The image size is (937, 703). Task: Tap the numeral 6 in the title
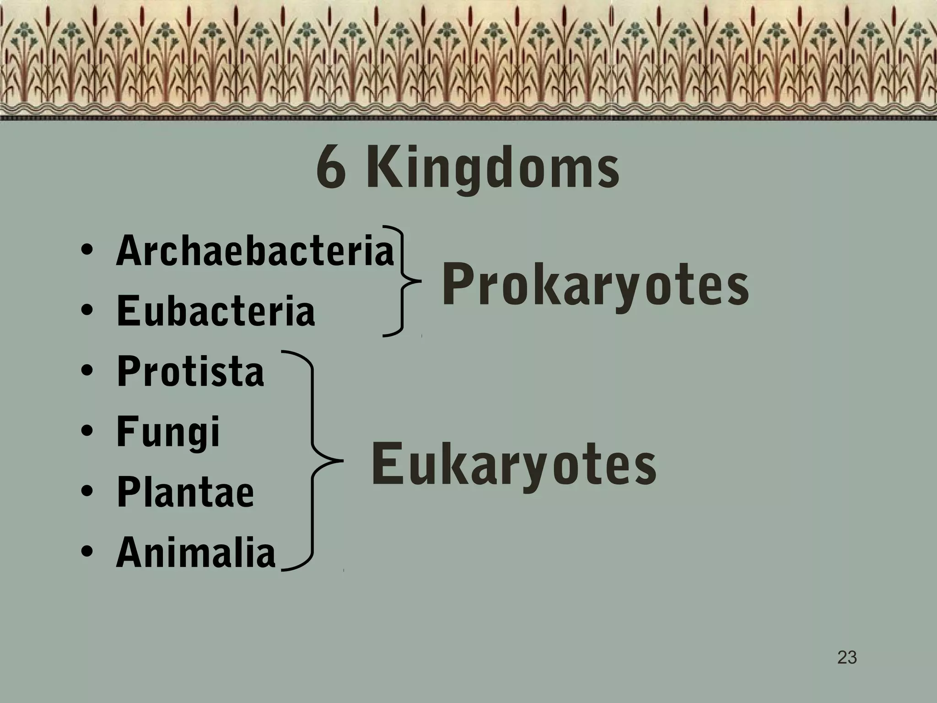(330, 168)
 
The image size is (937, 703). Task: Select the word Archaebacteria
(255, 251)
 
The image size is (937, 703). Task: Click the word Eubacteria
(216, 311)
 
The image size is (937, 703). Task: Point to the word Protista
(190, 371)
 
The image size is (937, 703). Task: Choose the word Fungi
(168, 432)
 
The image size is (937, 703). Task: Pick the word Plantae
(185, 492)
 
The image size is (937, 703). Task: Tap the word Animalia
(196, 552)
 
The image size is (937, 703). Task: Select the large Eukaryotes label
(513, 465)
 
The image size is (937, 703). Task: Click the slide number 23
(847, 657)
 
